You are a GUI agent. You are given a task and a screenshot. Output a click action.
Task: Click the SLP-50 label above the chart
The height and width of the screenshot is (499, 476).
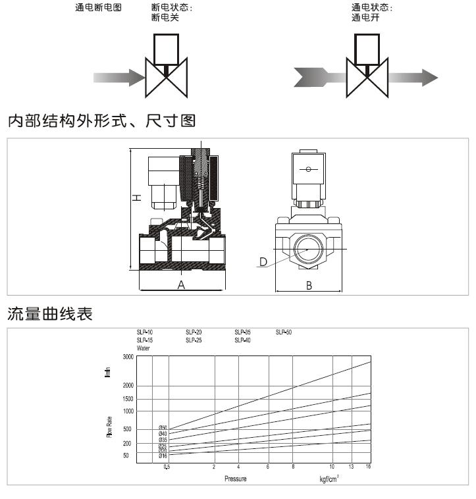pos(283,332)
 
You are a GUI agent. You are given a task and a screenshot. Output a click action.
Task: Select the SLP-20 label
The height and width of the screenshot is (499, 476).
pos(194,332)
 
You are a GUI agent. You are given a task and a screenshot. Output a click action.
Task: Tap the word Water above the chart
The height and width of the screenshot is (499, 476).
pos(144,348)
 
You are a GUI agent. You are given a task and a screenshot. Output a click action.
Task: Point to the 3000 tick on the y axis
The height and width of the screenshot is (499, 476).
pos(128,356)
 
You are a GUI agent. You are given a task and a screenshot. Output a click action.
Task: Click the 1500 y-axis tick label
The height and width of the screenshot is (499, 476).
pos(128,399)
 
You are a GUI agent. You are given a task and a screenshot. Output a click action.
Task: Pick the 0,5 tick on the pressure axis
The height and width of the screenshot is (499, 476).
pos(167,467)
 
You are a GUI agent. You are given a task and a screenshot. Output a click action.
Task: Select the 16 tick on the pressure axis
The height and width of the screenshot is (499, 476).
pos(369,467)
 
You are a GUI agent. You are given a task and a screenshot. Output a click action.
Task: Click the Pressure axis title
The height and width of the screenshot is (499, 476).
pos(234,479)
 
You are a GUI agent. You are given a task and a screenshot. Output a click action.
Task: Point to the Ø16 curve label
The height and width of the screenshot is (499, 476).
pos(163,456)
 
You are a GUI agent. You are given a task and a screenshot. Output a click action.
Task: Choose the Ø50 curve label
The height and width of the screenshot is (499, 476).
pos(163,428)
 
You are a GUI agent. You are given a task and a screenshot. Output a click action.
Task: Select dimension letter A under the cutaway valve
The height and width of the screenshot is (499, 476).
pos(181,285)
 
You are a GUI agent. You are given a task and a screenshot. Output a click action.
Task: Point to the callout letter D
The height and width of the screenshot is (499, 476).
pos(263,262)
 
